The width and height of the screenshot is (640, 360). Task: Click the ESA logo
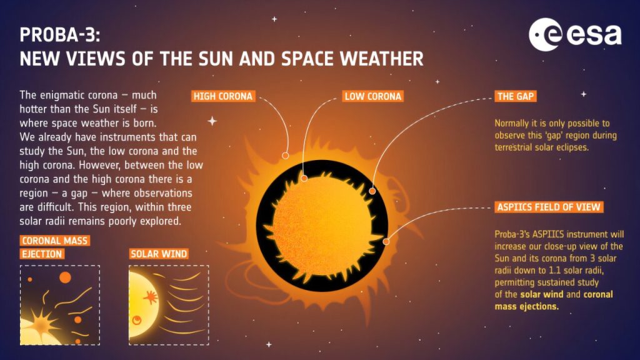[575, 35]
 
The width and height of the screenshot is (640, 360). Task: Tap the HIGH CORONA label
[223, 96]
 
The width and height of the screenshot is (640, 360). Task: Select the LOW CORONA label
[373, 96]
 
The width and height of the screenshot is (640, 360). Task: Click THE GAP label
[516, 96]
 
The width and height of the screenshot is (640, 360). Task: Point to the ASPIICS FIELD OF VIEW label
[550, 207]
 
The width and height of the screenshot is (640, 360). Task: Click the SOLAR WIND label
[159, 254]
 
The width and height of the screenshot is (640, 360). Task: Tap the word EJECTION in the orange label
[41, 254]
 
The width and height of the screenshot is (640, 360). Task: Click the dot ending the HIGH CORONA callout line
[285, 155]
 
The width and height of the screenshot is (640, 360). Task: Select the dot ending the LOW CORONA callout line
[304, 178]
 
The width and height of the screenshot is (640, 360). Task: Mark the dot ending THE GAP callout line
[372, 191]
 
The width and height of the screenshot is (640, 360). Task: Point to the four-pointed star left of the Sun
[212, 121]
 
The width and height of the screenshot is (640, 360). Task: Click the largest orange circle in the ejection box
[65, 277]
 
